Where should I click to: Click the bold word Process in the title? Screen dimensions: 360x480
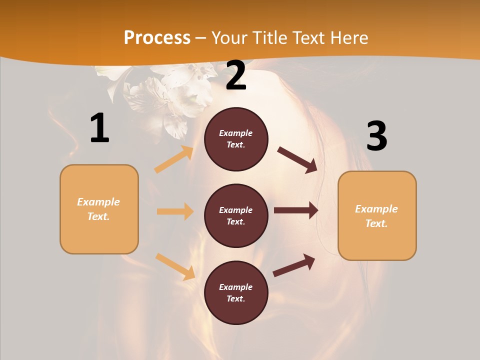tap(157, 38)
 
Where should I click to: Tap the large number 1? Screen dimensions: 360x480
tap(99, 128)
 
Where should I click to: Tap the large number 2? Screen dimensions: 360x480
tap(236, 75)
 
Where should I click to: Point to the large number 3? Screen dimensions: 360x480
tap(376, 136)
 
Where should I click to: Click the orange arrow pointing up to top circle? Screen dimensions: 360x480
tap(174, 159)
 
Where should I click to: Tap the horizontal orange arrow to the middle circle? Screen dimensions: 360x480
tap(175, 211)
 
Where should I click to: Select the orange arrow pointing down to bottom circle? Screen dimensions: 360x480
tap(175, 266)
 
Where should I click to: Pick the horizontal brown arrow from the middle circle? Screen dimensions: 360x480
tap(296, 210)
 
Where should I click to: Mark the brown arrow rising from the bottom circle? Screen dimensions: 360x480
tap(294, 265)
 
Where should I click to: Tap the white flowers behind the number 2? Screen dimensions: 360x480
tap(165, 95)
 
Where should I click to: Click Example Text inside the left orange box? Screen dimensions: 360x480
tap(98, 209)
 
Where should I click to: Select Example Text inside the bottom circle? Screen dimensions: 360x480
tap(236, 293)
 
